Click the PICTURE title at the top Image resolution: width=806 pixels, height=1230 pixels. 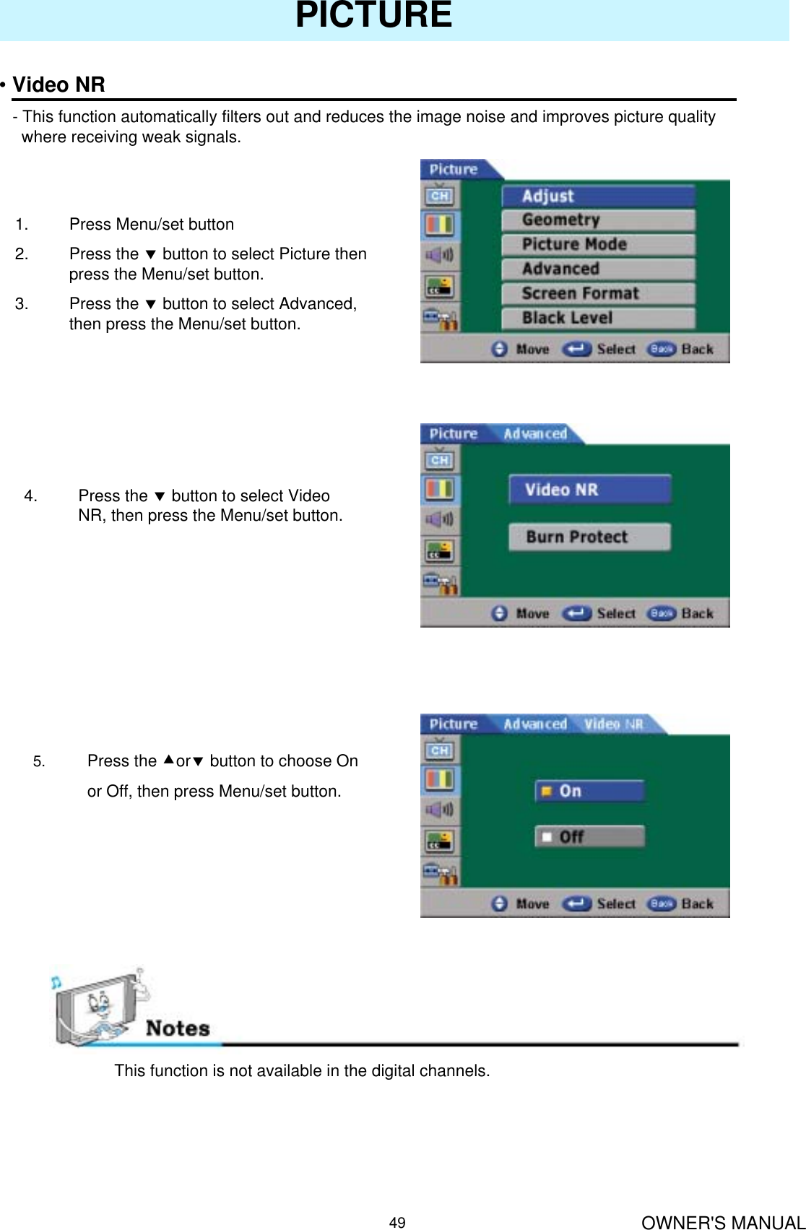[373, 16]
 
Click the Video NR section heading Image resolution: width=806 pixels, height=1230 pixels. [58, 85]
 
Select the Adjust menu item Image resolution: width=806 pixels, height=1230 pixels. [598, 196]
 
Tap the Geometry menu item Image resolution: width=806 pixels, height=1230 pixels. [598, 220]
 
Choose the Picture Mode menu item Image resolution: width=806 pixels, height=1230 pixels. [598, 244]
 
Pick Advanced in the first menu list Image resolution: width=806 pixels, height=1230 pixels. [598, 269]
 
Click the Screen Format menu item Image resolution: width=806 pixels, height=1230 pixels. [598, 293]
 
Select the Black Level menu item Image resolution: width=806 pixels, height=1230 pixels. [598, 318]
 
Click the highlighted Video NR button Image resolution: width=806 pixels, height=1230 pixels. [589, 490]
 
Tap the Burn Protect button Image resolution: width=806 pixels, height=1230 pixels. [589, 537]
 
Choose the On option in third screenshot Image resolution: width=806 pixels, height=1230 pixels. [589, 791]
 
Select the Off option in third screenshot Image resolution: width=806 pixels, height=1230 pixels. [589, 836]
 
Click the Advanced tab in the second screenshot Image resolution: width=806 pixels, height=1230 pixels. [535, 434]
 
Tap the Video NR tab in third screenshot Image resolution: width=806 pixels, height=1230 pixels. [614, 724]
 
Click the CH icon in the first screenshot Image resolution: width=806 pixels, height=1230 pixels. [439, 196]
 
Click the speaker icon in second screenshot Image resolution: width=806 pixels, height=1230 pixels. [439, 519]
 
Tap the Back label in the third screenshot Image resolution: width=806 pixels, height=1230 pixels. [697, 904]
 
